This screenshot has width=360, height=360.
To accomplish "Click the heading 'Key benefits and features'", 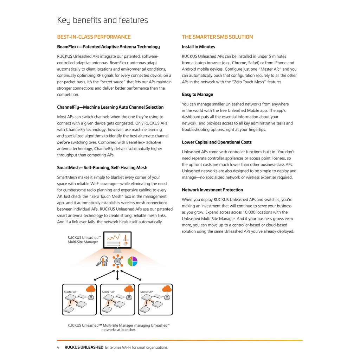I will (x=102, y=20).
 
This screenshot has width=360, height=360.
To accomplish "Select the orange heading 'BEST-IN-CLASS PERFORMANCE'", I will (x=94, y=37).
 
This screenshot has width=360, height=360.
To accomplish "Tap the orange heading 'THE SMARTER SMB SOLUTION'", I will (x=217, y=37).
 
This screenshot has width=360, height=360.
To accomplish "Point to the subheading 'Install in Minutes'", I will (x=198, y=47).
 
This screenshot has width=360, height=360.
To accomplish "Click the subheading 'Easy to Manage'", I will (x=197, y=95).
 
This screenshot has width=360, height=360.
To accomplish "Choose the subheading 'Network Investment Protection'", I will (x=212, y=190).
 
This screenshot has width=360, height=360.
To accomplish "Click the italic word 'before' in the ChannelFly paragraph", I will (x=63, y=142).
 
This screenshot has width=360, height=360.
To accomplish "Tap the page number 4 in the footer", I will (x=58, y=347).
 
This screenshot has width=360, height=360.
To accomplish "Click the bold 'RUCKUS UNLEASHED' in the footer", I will (x=84, y=347).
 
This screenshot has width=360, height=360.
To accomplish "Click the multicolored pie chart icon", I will (x=132, y=261).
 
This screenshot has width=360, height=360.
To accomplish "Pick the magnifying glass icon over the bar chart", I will (x=104, y=261).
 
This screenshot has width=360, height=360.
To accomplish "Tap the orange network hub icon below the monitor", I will (x=117, y=262).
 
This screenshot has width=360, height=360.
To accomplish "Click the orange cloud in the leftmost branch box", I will (x=91, y=289).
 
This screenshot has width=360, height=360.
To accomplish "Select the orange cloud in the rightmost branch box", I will (x=167, y=289).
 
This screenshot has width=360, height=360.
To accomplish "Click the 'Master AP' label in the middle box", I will (x=108, y=292).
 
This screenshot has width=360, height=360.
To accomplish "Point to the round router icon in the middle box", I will (x=129, y=297).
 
